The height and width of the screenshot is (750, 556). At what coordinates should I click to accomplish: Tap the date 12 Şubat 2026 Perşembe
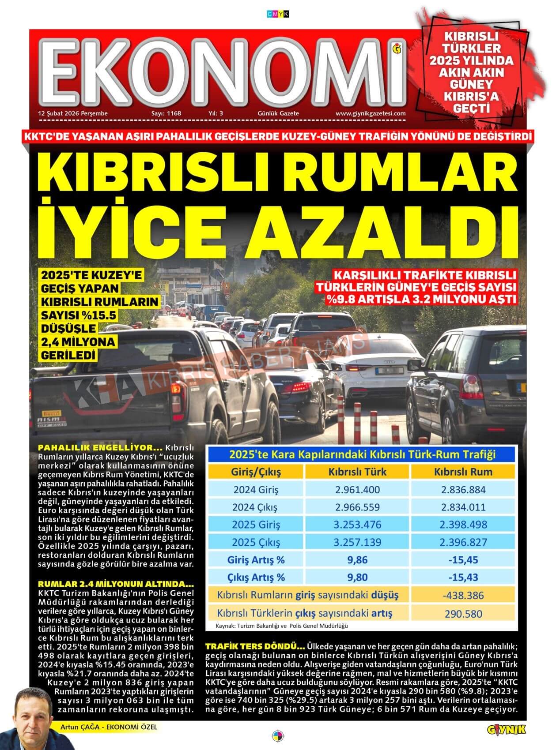(73, 113)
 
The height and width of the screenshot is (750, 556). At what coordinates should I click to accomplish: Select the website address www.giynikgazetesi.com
(371, 113)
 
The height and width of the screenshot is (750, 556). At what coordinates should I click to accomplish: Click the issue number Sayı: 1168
(166, 113)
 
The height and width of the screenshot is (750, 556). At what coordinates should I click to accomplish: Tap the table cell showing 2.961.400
(357, 490)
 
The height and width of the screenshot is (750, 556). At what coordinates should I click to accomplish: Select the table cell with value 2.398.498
(463, 525)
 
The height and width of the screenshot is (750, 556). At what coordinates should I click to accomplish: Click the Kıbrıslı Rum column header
(463, 472)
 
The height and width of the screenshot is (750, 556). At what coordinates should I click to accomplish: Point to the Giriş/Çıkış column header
(256, 472)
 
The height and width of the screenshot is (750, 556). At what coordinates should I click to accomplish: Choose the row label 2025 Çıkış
(256, 543)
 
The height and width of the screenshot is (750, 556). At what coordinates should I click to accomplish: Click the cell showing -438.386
(463, 596)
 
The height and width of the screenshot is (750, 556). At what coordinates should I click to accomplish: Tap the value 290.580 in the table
(463, 614)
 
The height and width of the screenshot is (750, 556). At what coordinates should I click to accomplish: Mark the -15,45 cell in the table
(463, 560)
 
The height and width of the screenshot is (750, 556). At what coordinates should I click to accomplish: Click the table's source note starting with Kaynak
(282, 626)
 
